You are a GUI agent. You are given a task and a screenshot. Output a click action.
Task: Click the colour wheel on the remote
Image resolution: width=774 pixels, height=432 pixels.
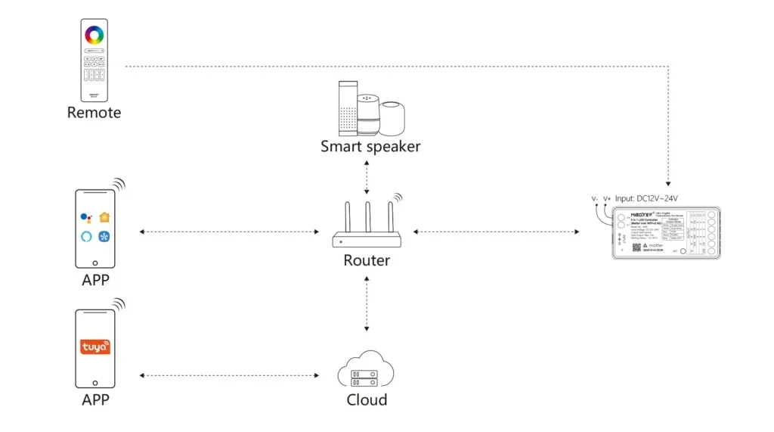click(x=94, y=35)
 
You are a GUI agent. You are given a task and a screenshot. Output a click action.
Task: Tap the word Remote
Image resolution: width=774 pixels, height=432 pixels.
click(x=94, y=113)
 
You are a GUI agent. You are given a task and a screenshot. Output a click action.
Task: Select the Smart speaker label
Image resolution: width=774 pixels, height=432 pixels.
click(x=370, y=146)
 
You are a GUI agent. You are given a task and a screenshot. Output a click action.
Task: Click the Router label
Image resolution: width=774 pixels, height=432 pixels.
click(x=367, y=260)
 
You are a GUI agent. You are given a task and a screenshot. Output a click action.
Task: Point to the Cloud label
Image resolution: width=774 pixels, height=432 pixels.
click(x=367, y=399)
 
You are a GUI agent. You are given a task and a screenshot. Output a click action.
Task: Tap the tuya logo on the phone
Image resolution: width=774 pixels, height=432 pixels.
click(x=95, y=347)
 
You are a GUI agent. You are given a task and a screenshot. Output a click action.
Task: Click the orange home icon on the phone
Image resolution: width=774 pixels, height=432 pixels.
click(x=104, y=217)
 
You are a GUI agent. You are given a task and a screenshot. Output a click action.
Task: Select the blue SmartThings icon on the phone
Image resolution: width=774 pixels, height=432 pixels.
click(x=104, y=235)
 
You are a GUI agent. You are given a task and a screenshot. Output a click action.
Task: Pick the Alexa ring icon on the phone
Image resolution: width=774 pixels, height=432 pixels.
click(x=86, y=235)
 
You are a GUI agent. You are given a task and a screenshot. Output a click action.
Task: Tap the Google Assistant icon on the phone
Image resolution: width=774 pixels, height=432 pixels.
click(x=86, y=218)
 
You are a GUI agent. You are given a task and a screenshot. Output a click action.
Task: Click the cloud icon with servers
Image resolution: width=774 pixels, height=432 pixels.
click(x=367, y=369)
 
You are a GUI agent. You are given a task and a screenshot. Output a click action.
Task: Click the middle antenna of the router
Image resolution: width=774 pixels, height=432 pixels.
click(x=367, y=219)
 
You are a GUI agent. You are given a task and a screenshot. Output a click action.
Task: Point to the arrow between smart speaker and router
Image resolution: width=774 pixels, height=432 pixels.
click(x=367, y=179)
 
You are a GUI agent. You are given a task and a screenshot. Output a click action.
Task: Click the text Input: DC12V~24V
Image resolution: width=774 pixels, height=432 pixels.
click(x=646, y=198)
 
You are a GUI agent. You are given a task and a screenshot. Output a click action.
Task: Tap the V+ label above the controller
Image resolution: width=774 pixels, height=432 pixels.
click(x=607, y=199)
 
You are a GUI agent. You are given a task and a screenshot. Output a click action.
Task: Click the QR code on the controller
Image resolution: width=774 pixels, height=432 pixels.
click(x=636, y=247)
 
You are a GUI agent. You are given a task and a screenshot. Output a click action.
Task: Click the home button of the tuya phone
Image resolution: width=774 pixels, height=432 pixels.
click(x=95, y=381)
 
